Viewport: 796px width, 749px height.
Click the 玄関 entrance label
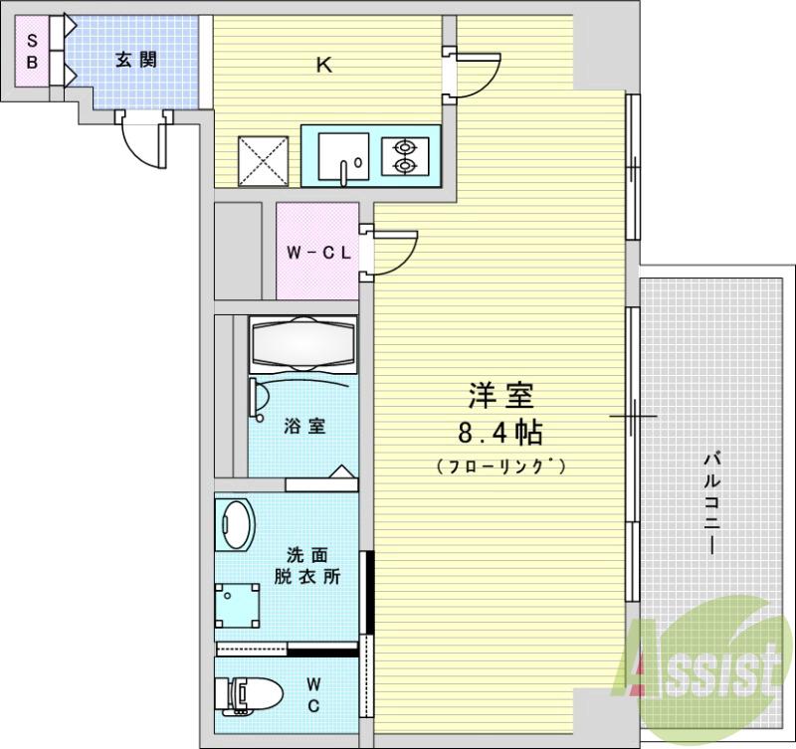point(134,60)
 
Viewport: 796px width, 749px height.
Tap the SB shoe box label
point(31,50)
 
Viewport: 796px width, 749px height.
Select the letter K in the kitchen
point(323,67)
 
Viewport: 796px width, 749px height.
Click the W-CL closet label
point(317,252)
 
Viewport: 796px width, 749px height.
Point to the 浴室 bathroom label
point(303,427)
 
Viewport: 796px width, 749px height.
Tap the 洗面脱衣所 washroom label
point(307,564)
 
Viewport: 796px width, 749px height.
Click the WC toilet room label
point(312,694)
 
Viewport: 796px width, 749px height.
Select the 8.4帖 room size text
point(500,434)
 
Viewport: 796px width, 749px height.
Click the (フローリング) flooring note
point(500,466)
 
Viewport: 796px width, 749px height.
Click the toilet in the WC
point(244,693)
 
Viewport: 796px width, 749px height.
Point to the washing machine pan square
point(238,603)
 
